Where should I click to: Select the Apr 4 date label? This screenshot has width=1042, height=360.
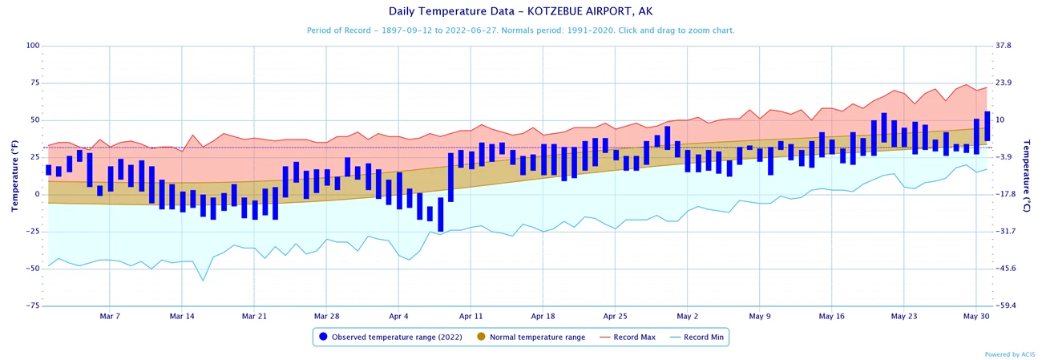pos(398,316)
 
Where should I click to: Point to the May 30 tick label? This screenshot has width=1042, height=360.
pos(975,316)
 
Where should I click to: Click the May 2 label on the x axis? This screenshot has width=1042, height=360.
pos(688,316)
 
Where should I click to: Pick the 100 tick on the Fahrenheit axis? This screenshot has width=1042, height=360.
pos(33,46)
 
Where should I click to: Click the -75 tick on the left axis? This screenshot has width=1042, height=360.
pos(33,305)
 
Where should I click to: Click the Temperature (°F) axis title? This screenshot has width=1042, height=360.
pos(14,176)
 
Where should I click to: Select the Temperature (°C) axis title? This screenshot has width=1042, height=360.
pos(1028,176)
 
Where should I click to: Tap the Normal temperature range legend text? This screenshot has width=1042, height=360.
pos(537,337)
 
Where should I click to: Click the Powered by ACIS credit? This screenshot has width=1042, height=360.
pos(1009,354)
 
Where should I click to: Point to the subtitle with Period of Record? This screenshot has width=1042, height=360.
pos(520,30)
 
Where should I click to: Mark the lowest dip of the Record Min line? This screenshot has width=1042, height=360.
pos(203,281)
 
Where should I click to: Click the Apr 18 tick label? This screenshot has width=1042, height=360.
pos(543,316)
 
